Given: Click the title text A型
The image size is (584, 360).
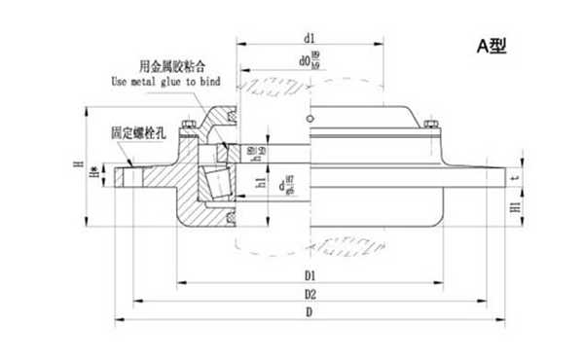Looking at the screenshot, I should pos(492,45).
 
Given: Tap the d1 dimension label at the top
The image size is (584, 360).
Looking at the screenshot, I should pos(309,38).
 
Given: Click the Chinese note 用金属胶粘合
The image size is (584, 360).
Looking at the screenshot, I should pos(172,66).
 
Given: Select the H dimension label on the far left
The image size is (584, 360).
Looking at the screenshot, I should pos(79,171).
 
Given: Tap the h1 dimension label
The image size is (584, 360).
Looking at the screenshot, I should pos(260,182).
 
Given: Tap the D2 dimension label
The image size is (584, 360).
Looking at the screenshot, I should pos(310,293).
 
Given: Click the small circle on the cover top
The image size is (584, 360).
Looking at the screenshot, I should pos(309,120).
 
